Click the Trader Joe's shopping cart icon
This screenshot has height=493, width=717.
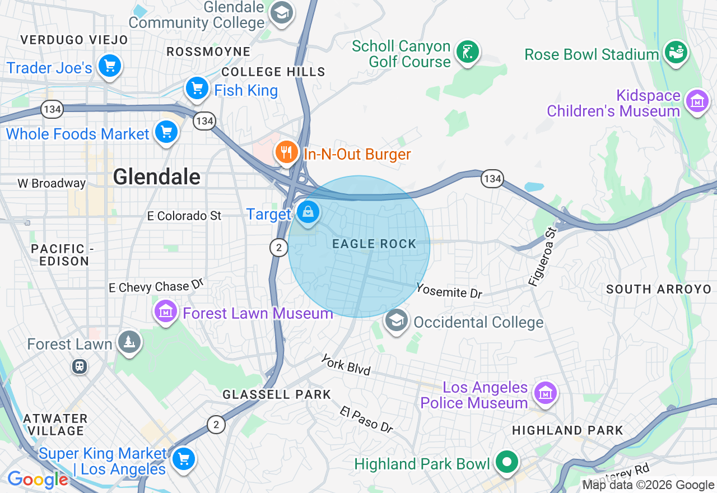click(109, 66)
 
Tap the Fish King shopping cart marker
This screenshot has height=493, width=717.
click(197, 88)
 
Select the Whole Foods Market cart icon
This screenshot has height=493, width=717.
click(166, 132)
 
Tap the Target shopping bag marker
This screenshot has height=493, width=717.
click(308, 212)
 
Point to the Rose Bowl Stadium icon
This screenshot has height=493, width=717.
click(676, 53)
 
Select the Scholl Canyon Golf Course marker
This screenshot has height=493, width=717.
click(467, 52)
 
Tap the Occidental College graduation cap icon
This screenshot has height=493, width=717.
click(396, 321)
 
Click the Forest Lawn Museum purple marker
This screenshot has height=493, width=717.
click(166, 312)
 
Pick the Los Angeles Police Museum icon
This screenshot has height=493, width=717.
click(546, 393)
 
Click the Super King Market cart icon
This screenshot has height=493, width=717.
click(183, 459)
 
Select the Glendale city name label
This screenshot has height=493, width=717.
click(156, 177)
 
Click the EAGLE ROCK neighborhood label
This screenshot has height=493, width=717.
click(374, 244)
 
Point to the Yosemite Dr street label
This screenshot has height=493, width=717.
click(449, 291)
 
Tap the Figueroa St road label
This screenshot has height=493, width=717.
click(543, 257)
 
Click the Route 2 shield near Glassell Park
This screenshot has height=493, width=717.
click(216, 424)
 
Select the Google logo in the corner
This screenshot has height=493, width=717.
click(38, 480)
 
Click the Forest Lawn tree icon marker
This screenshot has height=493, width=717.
click(129, 342)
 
